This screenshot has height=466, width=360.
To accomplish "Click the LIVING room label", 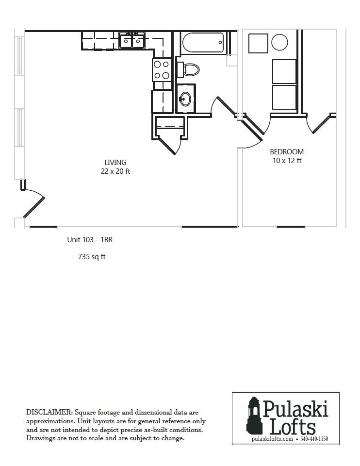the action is (115, 162).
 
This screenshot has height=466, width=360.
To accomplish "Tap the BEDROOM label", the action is (287, 152).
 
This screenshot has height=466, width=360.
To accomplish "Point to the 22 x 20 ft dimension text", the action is (115, 171).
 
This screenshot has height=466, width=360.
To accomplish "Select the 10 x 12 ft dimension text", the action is (287, 161).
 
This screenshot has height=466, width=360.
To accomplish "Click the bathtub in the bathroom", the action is (202, 43).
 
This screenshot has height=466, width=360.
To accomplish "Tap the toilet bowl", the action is (191, 69).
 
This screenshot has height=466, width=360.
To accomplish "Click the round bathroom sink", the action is (185, 99).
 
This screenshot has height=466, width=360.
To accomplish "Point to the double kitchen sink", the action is (132, 41).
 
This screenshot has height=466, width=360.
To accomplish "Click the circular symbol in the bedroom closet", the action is (279, 42).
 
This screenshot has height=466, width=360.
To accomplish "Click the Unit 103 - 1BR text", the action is (90, 239).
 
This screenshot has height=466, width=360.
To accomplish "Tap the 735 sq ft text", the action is (92, 256).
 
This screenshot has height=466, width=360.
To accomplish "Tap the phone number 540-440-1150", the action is (314, 439).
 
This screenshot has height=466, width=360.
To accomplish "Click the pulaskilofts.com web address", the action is (272, 439).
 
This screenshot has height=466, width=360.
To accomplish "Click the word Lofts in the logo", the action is (293, 427).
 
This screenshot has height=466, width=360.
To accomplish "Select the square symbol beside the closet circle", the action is (258, 43).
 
